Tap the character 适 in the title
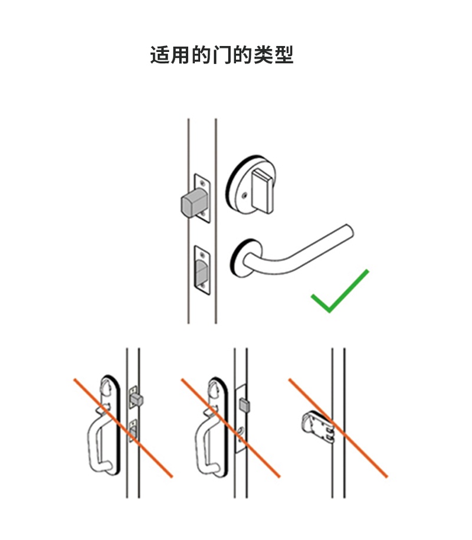pos(160,55)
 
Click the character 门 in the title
pos(222,55)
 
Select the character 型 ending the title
pos(284,55)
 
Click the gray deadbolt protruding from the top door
pos(194,203)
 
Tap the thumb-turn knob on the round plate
pos(263,191)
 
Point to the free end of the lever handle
pos(349,231)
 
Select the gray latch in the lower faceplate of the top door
pos(201,272)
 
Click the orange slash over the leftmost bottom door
pos(123,428)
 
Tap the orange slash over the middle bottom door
pos(230,428)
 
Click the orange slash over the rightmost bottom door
pos(338,428)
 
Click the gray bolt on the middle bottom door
pos(244,405)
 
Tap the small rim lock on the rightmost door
pos(317,427)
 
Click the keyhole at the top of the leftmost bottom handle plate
pos(107,387)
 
